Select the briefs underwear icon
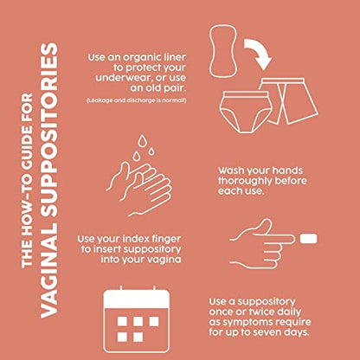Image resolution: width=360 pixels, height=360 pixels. pos(246,112)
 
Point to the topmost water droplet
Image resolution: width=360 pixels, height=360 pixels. pos(142,141)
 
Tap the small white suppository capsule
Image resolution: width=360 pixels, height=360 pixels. pos(308,239)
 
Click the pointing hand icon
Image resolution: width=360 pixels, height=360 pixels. pos(262,244)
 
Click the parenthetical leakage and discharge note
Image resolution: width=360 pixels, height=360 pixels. pos(137,100)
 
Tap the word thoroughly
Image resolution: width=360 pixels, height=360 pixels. pos(245,181)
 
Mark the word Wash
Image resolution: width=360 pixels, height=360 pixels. pos(230,170)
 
